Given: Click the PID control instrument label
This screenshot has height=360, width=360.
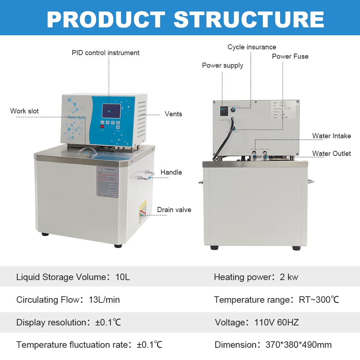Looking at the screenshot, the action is [105, 53].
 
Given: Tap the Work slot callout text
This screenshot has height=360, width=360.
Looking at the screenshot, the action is [24, 111].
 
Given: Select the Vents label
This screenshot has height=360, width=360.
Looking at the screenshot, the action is [174, 114].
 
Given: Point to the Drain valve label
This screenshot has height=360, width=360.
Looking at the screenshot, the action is [174, 210].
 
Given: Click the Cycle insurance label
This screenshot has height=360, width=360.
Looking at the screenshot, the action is [252, 47].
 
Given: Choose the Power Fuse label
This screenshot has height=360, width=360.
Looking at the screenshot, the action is [290, 57].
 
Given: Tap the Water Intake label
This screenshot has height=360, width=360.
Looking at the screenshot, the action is [332, 136].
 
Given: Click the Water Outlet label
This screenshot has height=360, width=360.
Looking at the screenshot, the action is [332, 154].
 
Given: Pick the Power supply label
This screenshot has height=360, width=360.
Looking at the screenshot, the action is [222, 66].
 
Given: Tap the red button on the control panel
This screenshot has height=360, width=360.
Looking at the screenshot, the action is [102, 126].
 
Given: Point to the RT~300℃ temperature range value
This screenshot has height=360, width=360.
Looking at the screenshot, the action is [319, 300].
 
